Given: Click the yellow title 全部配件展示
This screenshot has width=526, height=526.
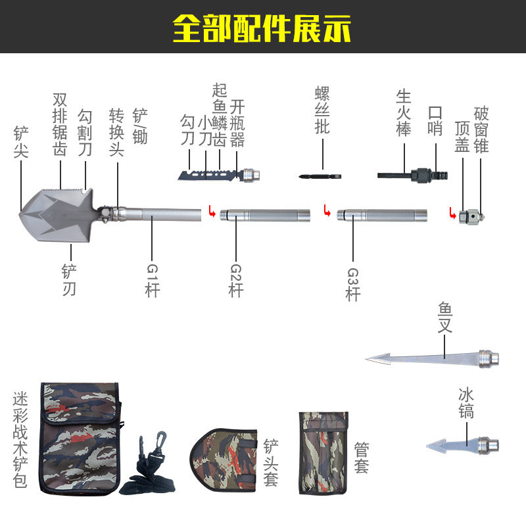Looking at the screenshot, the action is point(262,28).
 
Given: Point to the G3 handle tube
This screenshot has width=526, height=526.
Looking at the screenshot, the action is point(381,214).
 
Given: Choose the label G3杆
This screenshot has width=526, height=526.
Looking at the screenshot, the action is point(353,283).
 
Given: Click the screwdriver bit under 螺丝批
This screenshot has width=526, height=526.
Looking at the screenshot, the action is point(320,177).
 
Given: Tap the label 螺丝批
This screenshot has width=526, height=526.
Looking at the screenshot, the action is point(322,110).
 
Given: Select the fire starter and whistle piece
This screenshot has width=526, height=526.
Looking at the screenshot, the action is point(414,175).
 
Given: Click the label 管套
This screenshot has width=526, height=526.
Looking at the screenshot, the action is point(360,458).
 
